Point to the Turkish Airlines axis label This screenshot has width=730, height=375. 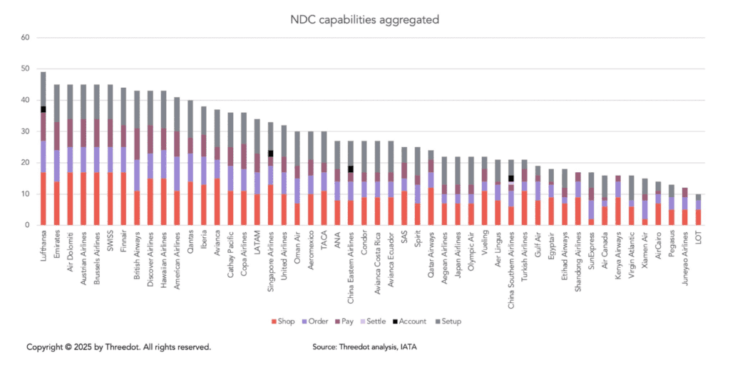coord(525,256)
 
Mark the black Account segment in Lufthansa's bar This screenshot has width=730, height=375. coord(43,109)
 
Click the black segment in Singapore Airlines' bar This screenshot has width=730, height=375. coord(271,154)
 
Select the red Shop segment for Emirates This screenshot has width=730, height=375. coord(56,204)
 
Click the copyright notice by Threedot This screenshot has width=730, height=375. coord(118,347)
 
